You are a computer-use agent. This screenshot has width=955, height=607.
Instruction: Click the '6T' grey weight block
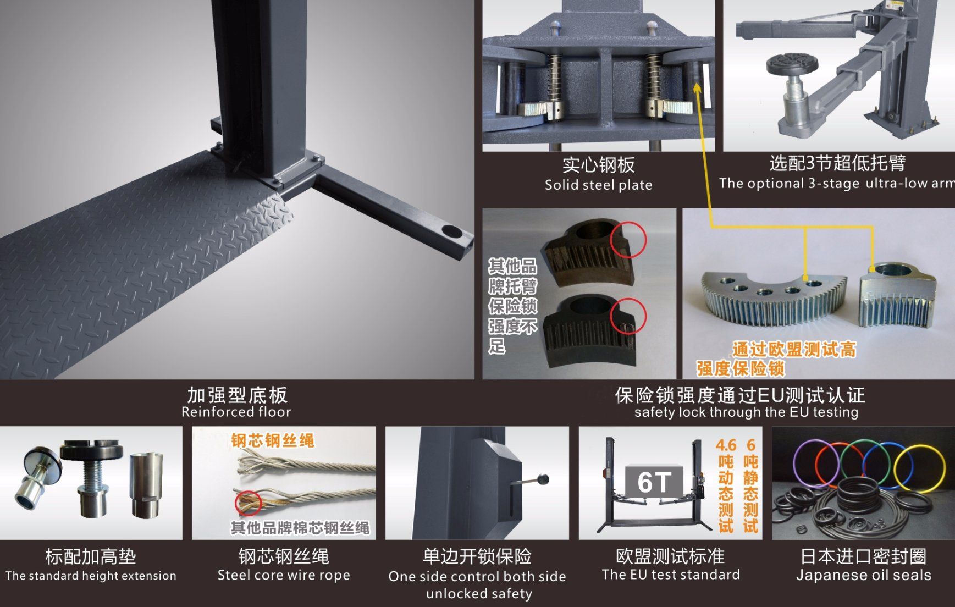point(654,482)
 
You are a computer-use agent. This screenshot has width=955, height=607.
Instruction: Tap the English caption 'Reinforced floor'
point(236,412)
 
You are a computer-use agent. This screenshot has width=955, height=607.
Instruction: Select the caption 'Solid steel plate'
point(598,185)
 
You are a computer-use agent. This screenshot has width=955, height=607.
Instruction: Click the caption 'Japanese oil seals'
point(864,576)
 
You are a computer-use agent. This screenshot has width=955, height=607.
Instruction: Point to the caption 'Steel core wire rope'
point(284,576)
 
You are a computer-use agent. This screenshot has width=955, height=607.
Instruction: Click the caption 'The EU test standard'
point(671,575)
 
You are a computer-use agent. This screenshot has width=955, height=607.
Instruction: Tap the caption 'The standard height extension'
point(91,576)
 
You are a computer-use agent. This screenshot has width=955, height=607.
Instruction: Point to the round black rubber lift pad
point(792,66)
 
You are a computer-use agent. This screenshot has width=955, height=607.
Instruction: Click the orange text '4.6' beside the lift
point(726,445)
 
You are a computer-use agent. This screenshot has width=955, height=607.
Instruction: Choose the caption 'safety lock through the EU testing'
point(746,412)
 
